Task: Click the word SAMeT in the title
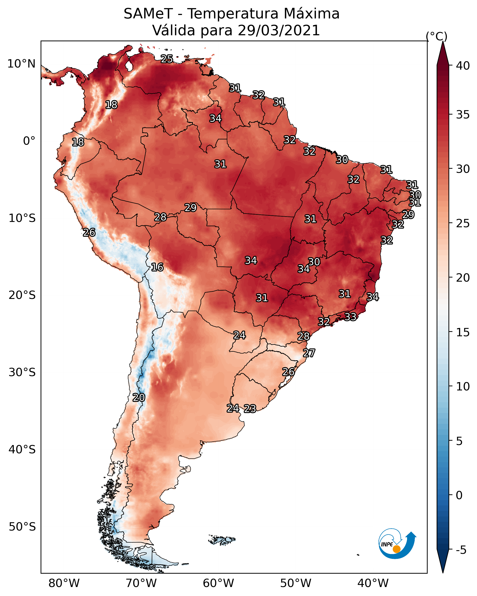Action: [x=148, y=14]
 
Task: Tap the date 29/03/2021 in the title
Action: [x=279, y=30]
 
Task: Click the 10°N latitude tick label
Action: [x=21, y=64]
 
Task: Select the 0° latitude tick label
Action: [x=29, y=141]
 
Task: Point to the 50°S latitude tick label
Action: [x=22, y=527]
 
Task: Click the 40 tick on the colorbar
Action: [x=463, y=66]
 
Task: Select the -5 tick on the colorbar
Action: [x=461, y=550]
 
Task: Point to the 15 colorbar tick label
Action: [x=463, y=332]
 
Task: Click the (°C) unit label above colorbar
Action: [x=436, y=36]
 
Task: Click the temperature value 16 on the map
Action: [x=157, y=267]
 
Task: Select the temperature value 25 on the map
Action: [x=167, y=59]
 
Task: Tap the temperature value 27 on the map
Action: [x=309, y=353]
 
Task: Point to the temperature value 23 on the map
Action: [x=250, y=409]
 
